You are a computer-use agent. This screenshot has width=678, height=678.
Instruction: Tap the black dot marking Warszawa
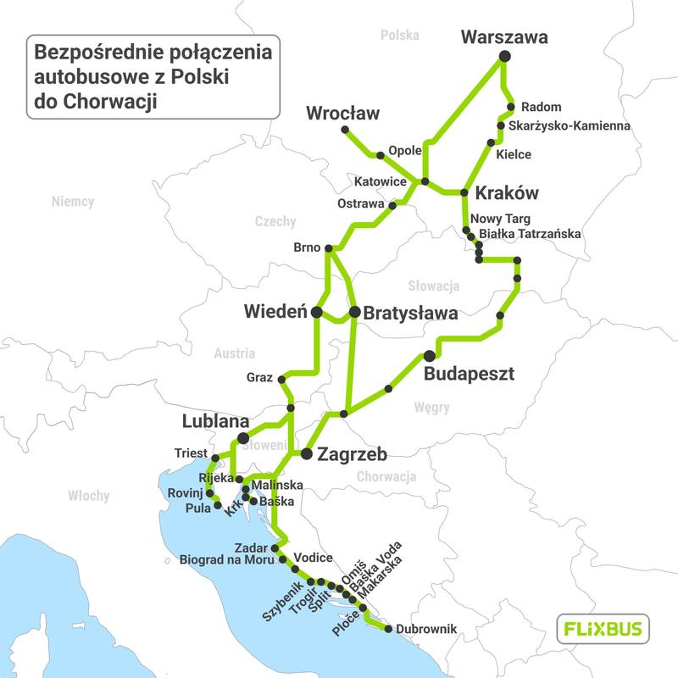(504, 56)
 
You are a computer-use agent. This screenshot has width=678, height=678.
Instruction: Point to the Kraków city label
(508, 192)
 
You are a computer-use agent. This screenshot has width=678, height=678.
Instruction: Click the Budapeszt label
(469, 374)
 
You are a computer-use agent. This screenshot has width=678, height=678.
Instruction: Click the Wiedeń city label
(275, 312)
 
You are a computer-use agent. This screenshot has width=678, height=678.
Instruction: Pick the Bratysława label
(410, 313)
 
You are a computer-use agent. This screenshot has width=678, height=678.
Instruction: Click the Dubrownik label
(427, 629)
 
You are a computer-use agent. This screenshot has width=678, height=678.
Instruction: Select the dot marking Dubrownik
(388, 629)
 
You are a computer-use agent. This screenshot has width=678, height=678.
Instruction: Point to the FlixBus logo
(603, 629)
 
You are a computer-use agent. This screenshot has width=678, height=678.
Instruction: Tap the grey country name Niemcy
(73, 203)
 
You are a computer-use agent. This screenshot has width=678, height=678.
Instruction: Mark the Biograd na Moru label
(227, 559)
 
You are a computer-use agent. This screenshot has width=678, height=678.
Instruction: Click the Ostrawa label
(361, 205)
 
